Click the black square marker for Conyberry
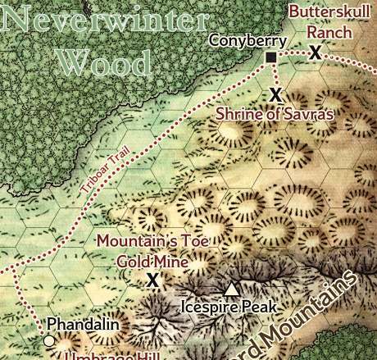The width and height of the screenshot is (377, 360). pyautogui.click(x=270, y=57)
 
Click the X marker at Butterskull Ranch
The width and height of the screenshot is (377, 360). pyautogui.click(x=315, y=52)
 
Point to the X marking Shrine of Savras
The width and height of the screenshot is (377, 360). pyautogui.click(x=276, y=93)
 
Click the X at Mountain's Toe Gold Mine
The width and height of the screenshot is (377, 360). pyautogui.click(x=152, y=280)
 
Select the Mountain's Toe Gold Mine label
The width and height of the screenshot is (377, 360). pyautogui.click(x=154, y=251)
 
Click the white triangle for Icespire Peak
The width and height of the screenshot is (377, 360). pyautogui.click(x=232, y=288)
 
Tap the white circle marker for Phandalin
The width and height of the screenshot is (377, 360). pyautogui.click(x=49, y=340)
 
